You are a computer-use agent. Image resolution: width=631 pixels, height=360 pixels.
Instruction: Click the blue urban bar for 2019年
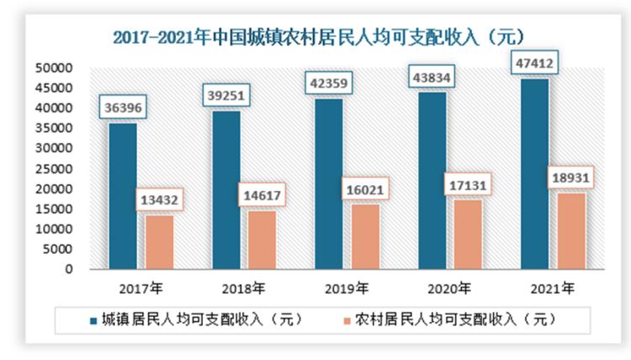329,184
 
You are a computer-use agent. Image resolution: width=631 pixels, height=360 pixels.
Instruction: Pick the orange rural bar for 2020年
469,235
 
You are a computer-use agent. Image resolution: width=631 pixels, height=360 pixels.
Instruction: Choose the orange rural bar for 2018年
262,240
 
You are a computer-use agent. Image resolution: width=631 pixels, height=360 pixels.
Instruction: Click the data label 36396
123,108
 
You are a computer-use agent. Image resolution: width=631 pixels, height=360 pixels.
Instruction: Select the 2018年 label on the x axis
247,289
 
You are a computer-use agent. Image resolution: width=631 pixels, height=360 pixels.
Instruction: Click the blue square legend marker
92,320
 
